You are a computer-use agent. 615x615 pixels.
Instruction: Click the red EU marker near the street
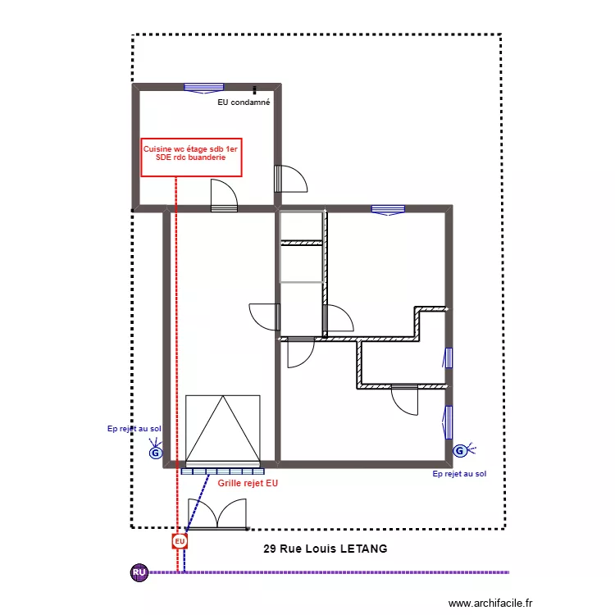coord(180,541)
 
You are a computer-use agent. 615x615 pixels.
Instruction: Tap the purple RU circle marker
coord(139,572)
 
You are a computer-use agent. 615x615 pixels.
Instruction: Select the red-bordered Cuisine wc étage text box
coord(191,157)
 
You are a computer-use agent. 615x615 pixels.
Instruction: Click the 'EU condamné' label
coord(244,103)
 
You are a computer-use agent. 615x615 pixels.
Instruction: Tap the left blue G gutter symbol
coord(155,452)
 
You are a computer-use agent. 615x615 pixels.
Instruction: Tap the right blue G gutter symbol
coord(460,450)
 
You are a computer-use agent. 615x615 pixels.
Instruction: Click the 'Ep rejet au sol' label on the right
coord(459,474)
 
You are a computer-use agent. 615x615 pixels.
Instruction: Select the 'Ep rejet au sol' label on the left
coord(134,428)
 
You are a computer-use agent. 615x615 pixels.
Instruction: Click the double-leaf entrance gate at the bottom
coord(216,514)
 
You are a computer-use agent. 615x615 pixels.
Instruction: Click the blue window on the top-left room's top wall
coord(204,88)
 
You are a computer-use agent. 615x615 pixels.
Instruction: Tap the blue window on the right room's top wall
coord(388,210)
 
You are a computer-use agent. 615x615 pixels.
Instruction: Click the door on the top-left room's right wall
coord(289,179)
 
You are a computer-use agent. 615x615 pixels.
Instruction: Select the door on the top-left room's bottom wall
coord(224,196)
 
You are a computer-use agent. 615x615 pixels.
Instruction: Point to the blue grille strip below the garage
coord(223,471)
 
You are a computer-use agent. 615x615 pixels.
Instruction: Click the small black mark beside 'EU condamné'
coord(254,90)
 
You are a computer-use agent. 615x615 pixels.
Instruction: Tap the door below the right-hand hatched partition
coord(404,399)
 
